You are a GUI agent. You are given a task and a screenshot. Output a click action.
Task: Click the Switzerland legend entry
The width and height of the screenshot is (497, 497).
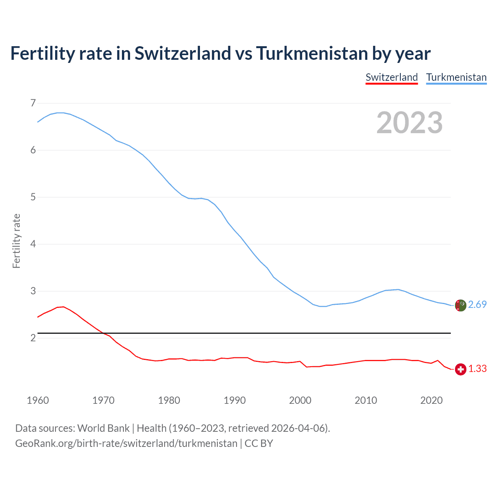pyautogui.click(x=391, y=77)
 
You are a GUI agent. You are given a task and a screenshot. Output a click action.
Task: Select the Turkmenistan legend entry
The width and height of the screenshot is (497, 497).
pyautogui.click(x=456, y=77)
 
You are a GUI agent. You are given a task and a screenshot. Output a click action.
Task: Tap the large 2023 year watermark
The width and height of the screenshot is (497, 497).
pyautogui.click(x=409, y=123)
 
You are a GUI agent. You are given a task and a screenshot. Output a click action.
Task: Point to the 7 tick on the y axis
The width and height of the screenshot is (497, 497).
pyautogui.click(x=33, y=103)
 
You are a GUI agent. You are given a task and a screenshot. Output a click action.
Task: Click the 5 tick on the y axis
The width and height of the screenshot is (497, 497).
pyautogui.click(x=33, y=197)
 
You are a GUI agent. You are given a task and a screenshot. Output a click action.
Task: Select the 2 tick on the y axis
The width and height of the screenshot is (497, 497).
pyautogui.click(x=33, y=338)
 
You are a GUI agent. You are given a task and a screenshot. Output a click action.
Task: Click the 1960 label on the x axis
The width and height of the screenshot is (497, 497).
pyautogui.click(x=38, y=400)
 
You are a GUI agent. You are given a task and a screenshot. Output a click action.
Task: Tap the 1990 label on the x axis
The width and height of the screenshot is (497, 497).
pyautogui.click(x=235, y=400)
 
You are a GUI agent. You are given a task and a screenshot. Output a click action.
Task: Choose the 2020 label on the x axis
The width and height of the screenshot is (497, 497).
pyautogui.click(x=431, y=400)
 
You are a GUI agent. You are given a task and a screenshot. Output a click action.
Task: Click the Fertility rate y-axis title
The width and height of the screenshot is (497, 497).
pyautogui.click(x=16, y=241)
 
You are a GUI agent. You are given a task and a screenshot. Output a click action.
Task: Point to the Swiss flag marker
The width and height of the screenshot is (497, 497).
pyautogui.click(x=461, y=369)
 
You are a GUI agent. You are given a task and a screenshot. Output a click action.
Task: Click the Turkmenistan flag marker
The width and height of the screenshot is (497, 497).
pyautogui.click(x=461, y=305)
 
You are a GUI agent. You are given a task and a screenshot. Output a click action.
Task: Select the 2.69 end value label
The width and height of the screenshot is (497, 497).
pyautogui.click(x=477, y=304)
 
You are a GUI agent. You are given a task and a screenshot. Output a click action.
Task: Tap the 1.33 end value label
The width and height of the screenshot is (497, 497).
pyautogui.click(x=477, y=368)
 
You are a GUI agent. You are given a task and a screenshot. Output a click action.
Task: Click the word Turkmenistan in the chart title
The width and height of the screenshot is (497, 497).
pyautogui.click(x=312, y=53)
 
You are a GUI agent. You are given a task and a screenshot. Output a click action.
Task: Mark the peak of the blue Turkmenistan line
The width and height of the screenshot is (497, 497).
pyautogui.click(x=60, y=113)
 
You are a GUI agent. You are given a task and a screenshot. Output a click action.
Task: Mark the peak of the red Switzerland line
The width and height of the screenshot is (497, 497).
pyautogui.click(x=63, y=307)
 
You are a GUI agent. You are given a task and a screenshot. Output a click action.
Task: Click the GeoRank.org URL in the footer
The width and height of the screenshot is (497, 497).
pyautogui.click(x=126, y=443)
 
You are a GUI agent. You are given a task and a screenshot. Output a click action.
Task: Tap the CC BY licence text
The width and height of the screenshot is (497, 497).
pyautogui.click(x=259, y=443)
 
